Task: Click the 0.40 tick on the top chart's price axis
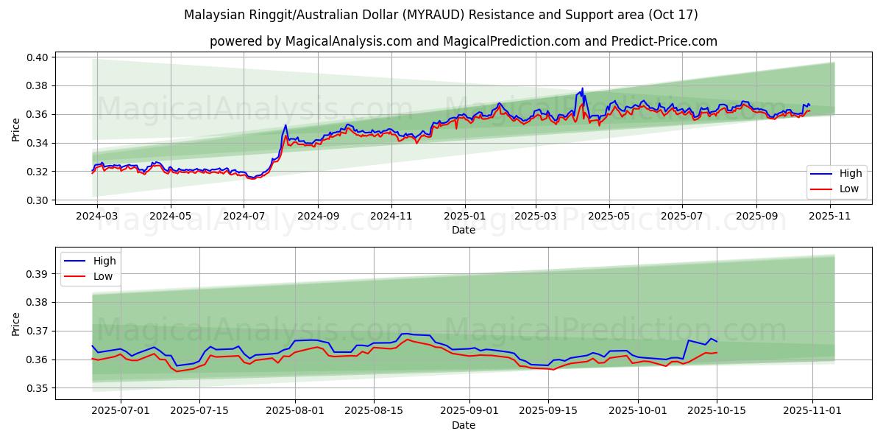point(38,57)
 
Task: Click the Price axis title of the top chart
point(16,129)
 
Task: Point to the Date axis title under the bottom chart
point(464,425)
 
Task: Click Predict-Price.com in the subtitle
point(664,41)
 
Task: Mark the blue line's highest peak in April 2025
point(583,88)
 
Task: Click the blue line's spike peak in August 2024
point(286,125)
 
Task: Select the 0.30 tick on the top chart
point(38,200)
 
